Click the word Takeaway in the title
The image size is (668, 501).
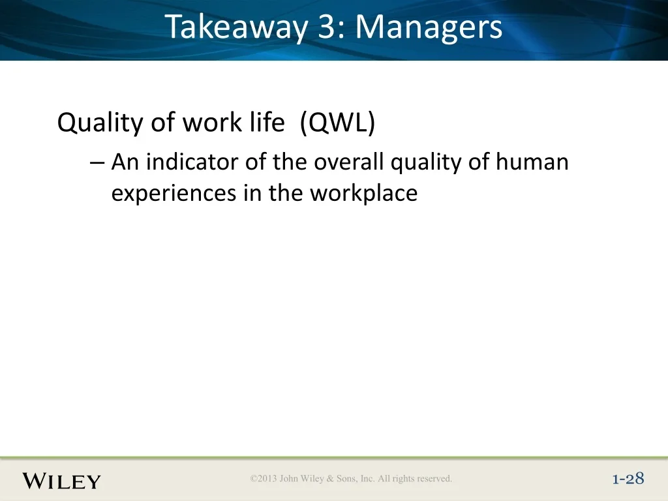pyautogui.click(x=236, y=27)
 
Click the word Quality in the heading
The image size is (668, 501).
pyautogui.click(x=100, y=123)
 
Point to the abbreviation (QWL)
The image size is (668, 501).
pyautogui.click(x=337, y=123)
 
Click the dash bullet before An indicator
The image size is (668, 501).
pyautogui.click(x=97, y=162)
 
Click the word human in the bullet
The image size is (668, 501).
pyautogui.click(x=532, y=162)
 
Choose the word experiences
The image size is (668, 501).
pyautogui.click(x=174, y=194)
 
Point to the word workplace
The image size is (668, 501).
pyautogui.click(x=363, y=194)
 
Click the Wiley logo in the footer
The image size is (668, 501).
pyautogui.click(x=61, y=481)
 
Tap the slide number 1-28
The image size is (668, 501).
pyautogui.click(x=628, y=479)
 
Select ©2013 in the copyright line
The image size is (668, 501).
pyautogui.click(x=264, y=478)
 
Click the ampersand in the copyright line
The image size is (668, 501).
pyautogui.click(x=330, y=478)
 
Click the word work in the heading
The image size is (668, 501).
pyautogui.click(x=213, y=122)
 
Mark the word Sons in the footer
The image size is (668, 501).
pyautogui.click(x=347, y=478)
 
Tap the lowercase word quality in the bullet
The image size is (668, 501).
pyautogui.click(x=426, y=162)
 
